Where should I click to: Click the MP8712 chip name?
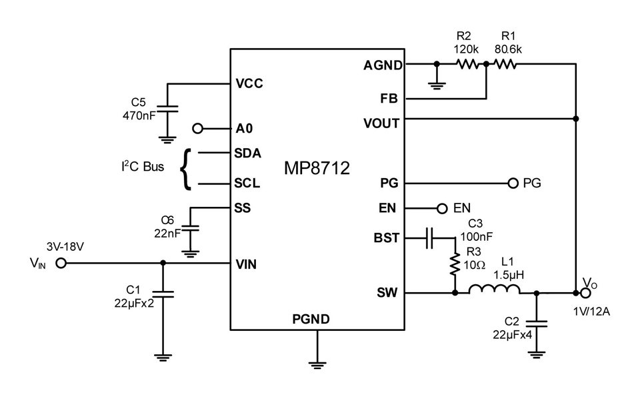pyautogui.click(x=317, y=168)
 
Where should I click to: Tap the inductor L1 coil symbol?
pyautogui.click(x=494, y=289)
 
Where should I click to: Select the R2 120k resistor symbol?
pyautogui.click(x=467, y=64)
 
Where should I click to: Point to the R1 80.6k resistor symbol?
pyautogui.click(x=505, y=64)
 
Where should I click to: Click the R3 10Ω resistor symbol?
pyautogui.click(x=455, y=264)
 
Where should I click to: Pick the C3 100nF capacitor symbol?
pyautogui.click(x=429, y=238)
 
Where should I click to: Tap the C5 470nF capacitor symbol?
pyautogui.click(x=167, y=109)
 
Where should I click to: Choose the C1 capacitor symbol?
pyautogui.click(x=163, y=294)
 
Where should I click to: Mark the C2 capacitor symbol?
pyautogui.click(x=536, y=324)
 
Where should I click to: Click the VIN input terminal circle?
pyautogui.click(x=61, y=264)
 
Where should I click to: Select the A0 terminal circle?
pyautogui.click(x=197, y=129)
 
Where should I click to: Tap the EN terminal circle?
pyautogui.click(x=442, y=209)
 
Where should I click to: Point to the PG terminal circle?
pyautogui.click(x=513, y=183)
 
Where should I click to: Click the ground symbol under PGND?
pyautogui.click(x=317, y=365)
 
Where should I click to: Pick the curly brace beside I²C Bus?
pyautogui.click(x=186, y=169)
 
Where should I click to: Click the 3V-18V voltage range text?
pyautogui.click(x=65, y=247)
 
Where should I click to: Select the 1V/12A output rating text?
pyautogui.click(x=591, y=312)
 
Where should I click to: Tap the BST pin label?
pyautogui.click(x=386, y=238)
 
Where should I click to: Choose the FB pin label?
pyautogui.click(x=389, y=99)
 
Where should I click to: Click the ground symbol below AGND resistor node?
pyautogui.click(x=437, y=86)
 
